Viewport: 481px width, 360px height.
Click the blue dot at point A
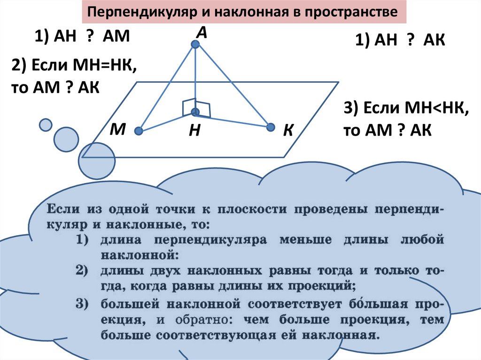195,45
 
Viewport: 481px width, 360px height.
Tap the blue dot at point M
138,131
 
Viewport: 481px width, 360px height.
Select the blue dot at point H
195,112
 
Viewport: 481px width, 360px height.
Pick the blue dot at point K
270,127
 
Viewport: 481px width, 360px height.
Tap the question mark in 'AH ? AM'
88,36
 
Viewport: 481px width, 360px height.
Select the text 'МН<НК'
437,109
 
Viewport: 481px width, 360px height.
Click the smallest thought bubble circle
46,124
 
